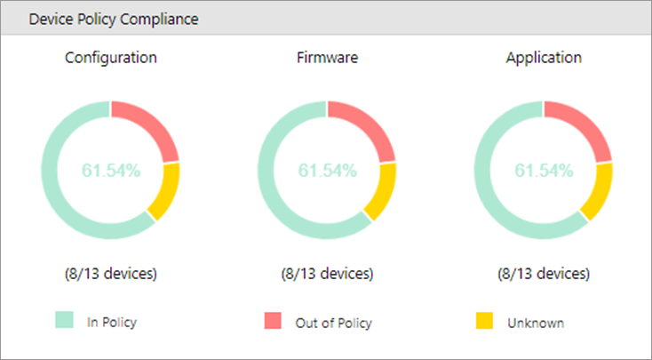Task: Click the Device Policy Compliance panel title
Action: tap(114, 19)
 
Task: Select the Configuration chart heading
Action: tap(111, 59)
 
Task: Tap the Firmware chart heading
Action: tap(327, 59)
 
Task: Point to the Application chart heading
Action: tap(544, 59)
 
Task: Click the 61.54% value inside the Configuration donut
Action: tap(111, 171)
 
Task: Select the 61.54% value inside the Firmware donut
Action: tap(327, 171)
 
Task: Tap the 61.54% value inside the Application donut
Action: tap(544, 171)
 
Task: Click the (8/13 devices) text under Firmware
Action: tap(327, 273)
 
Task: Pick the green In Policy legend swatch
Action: tap(63, 321)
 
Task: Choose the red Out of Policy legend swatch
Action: tap(273, 322)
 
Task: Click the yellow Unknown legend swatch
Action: tap(485, 322)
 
